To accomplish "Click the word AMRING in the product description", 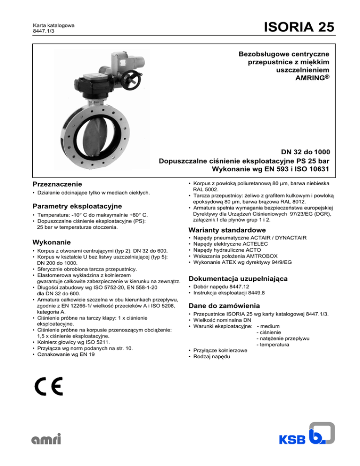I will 308,77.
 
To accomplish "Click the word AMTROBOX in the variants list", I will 262,257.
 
